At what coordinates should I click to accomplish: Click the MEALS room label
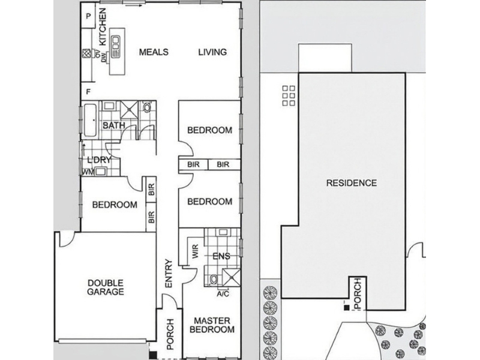154,52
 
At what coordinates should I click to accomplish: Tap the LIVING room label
212,52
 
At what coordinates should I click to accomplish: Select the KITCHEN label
103,26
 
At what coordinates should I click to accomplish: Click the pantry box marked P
88,16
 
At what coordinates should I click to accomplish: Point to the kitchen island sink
116,47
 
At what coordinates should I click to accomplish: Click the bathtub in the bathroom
91,121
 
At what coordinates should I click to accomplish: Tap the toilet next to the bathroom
147,107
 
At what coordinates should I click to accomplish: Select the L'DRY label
98,160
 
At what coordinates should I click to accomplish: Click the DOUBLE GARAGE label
106,287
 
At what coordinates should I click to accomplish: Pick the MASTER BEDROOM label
212,325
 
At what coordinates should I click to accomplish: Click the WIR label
196,251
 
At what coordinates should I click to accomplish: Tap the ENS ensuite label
221,256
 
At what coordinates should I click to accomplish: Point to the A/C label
223,294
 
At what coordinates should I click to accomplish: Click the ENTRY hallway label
169,274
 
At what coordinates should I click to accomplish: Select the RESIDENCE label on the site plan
352,183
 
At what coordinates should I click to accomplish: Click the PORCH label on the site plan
358,293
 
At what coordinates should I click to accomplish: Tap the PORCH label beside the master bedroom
170,334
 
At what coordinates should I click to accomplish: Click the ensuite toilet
214,279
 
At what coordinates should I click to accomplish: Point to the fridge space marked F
88,92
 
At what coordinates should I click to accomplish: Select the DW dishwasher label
104,56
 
